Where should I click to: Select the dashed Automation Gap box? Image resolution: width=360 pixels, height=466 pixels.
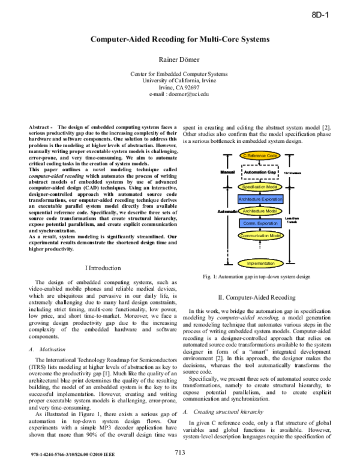click(260, 172)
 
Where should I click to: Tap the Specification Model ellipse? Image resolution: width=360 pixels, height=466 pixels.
click(260, 187)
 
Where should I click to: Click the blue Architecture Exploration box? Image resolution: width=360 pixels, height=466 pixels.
click(260, 199)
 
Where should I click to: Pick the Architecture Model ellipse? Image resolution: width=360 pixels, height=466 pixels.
click(260, 211)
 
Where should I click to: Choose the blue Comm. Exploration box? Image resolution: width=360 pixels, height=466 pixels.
click(260, 223)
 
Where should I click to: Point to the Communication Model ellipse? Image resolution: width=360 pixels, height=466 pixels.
click(260, 236)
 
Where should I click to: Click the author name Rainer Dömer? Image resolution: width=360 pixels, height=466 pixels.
click(179, 59)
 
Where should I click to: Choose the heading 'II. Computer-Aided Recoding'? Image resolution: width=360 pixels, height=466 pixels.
click(259, 297)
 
